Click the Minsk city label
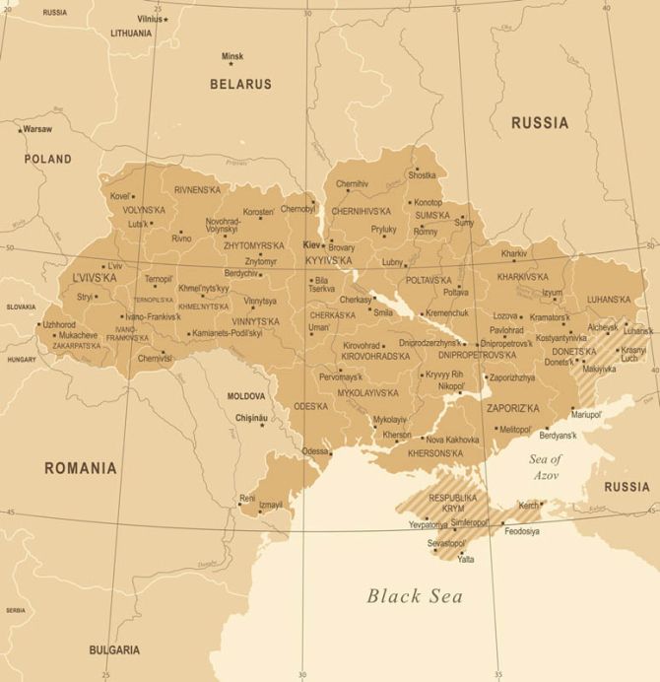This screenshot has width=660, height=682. (x=232, y=56)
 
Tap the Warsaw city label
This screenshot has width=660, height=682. (x=37, y=129)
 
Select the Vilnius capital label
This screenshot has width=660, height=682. (x=150, y=19)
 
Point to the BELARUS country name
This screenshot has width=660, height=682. (x=240, y=85)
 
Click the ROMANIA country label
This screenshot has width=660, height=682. (x=80, y=468)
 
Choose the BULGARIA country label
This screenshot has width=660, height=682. (x=114, y=650)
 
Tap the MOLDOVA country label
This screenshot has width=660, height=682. (x=246, y=395)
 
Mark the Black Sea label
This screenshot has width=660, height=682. (x=415, y=595)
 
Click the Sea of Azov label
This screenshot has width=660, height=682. (x=545, y=467)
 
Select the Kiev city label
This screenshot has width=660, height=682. (x=311, y=244)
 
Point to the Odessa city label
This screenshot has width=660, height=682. (x=315, y=450)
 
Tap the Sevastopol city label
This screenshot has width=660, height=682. (x=445, y=543)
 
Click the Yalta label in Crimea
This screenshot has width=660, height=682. (x=466, y=559)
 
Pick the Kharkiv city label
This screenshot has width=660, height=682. (x=513, y=253)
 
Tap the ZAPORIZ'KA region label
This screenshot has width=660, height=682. (x=513, y=407)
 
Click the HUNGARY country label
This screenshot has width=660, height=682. (x=22, y=360)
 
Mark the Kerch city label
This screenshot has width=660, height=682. (x=529, y=505)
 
